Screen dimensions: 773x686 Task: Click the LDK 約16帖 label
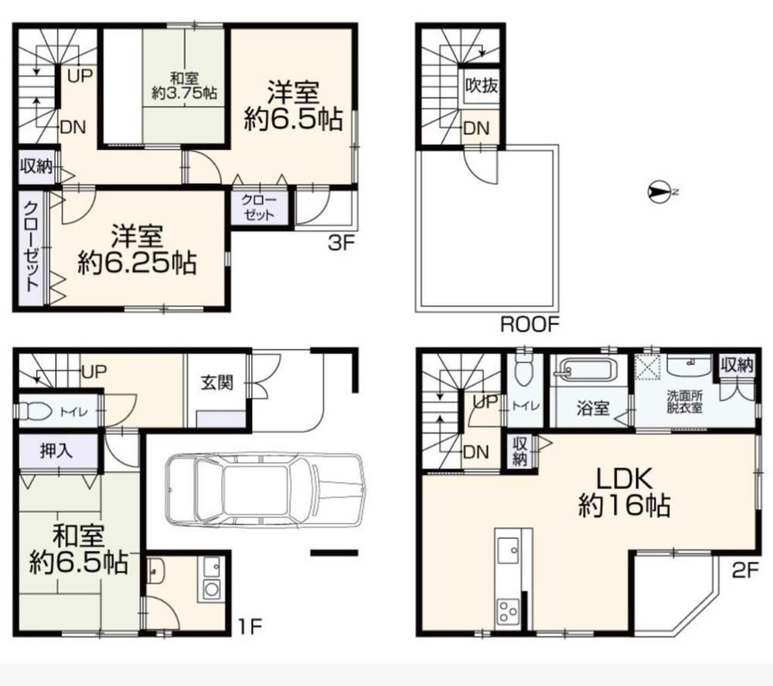tap(624, 491)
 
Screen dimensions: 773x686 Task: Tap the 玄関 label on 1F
tap(217, 382)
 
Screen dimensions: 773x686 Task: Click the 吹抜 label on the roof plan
tap(482, 86)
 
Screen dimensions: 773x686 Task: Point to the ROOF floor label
tap(530, 324)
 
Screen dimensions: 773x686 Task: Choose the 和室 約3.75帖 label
tap(185, 86)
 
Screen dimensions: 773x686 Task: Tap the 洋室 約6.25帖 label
tap(137, 250)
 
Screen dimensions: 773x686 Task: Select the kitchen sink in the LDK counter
tap(508, 550)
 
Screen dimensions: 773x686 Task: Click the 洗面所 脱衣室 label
tap(685, 402)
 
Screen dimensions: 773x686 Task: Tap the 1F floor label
tap(250, 627)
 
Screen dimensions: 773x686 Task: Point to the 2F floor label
tap(744, 570)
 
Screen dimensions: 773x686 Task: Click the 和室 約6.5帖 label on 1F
tap(79, 549)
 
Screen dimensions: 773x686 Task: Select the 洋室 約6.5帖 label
tap(293, 106)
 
